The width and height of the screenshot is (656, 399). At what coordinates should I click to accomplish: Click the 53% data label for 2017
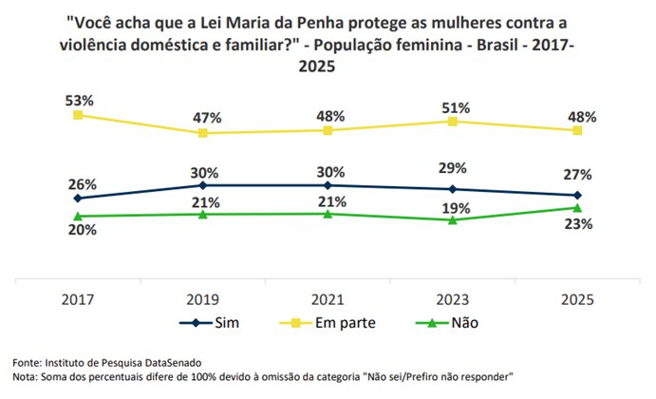78,99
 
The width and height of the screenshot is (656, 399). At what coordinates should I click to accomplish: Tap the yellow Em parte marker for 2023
453,121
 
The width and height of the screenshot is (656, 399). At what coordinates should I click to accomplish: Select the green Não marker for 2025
578,207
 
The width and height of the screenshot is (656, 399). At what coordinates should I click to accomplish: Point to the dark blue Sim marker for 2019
203,185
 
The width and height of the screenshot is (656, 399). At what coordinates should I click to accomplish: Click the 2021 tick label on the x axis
328,298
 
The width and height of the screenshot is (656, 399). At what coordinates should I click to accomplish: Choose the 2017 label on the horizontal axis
78,298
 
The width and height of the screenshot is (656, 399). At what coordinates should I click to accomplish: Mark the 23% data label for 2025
578,224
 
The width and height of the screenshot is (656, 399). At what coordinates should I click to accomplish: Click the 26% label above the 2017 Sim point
78,183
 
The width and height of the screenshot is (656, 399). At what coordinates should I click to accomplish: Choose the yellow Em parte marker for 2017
78,115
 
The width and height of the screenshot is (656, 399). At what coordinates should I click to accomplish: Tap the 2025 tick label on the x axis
578,298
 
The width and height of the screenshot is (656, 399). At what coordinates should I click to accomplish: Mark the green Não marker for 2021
328,214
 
